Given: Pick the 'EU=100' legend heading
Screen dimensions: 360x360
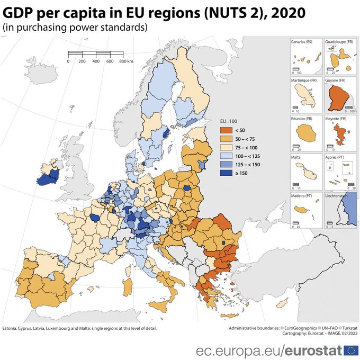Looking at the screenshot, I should (228, 121).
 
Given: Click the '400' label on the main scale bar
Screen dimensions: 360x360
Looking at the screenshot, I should (96, 61).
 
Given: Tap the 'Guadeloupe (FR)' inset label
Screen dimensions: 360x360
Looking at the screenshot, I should (338, 41).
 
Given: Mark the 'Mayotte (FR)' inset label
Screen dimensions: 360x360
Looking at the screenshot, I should (336, 119).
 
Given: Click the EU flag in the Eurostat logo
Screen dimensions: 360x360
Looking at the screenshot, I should (350, 350).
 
